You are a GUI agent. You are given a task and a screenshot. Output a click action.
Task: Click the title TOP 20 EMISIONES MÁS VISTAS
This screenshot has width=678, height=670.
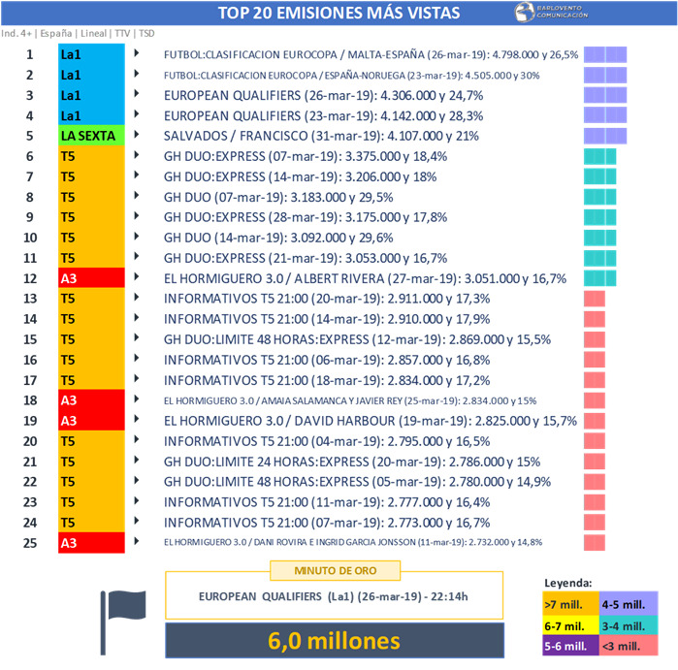click(339, 13)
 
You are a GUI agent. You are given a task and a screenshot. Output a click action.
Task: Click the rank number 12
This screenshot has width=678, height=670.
click(30, 278)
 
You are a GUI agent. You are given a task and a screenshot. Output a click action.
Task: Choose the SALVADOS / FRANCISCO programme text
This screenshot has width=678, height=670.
click(321, 136)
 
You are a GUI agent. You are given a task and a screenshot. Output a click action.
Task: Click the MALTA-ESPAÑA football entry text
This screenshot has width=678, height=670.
click(371, 54)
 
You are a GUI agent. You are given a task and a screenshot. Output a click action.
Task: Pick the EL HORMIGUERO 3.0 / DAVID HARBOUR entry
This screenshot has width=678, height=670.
click(371, 421)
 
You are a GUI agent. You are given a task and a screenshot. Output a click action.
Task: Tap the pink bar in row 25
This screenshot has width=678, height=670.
click(595, 542)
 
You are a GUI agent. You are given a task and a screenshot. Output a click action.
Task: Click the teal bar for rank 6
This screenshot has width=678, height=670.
click(599, 156)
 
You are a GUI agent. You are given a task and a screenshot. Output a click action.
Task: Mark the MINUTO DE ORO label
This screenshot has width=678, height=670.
click(336, 570)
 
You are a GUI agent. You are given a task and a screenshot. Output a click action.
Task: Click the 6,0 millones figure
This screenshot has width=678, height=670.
click(335, 640)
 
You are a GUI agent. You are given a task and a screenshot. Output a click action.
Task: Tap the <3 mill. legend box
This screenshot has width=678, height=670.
click(630, 647)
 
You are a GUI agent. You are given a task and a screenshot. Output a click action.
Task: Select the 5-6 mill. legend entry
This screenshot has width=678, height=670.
click(569, 647)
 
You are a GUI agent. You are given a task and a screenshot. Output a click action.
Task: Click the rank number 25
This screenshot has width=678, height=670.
click(30, 542)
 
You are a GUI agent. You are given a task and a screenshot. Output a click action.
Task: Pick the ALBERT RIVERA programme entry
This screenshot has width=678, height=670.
click(366, 278)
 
